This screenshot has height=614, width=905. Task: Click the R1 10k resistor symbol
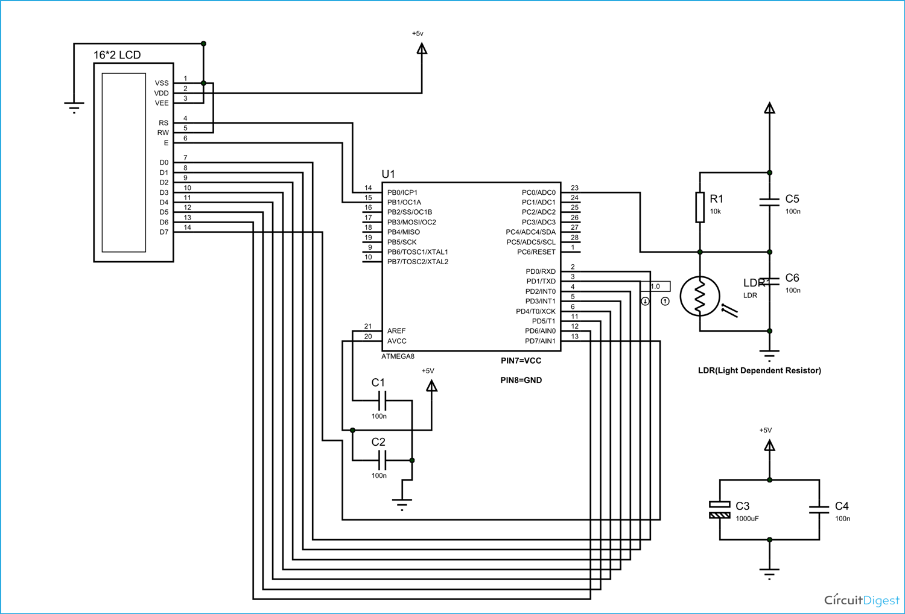[700, 207]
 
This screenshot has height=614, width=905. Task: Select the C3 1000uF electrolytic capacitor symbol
[719, 510]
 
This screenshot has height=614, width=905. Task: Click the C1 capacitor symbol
[381, 400]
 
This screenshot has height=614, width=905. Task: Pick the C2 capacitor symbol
[381, 460]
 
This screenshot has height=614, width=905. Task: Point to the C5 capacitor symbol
[769, 202]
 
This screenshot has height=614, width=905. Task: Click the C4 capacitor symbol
[819, 510]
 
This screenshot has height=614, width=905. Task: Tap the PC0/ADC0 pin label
[538, 192]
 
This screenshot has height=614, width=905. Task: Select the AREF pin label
[396, 331]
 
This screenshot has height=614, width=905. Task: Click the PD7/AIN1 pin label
[540, 341]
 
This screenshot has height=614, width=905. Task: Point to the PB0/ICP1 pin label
[402, 192]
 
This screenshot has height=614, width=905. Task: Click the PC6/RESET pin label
[536, 252]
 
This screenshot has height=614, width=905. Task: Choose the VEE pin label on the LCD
[162, 103]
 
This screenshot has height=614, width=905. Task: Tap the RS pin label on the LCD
[164, 123]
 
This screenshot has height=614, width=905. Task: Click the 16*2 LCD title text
[117, 55]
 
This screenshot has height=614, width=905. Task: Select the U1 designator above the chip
[388, 174]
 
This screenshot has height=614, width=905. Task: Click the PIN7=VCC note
[521, 361]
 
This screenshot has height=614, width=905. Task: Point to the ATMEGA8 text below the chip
[398, 356]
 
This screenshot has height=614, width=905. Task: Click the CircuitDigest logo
[861, 600]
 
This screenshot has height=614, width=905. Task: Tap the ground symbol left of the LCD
[74, 108]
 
